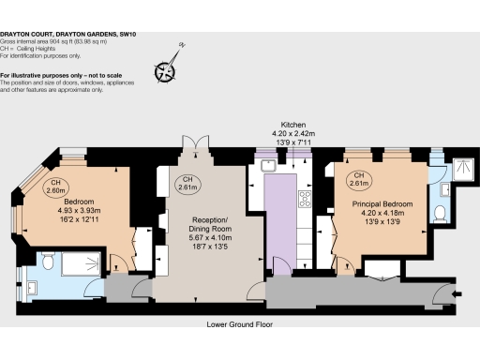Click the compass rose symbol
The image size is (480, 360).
pos(168,68)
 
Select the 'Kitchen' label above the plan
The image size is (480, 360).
pos(294,124)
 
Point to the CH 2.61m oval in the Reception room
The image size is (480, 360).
pos(187,183)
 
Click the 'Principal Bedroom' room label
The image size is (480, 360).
pos(383,203)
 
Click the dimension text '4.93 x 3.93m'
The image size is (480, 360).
pos(78,211)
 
